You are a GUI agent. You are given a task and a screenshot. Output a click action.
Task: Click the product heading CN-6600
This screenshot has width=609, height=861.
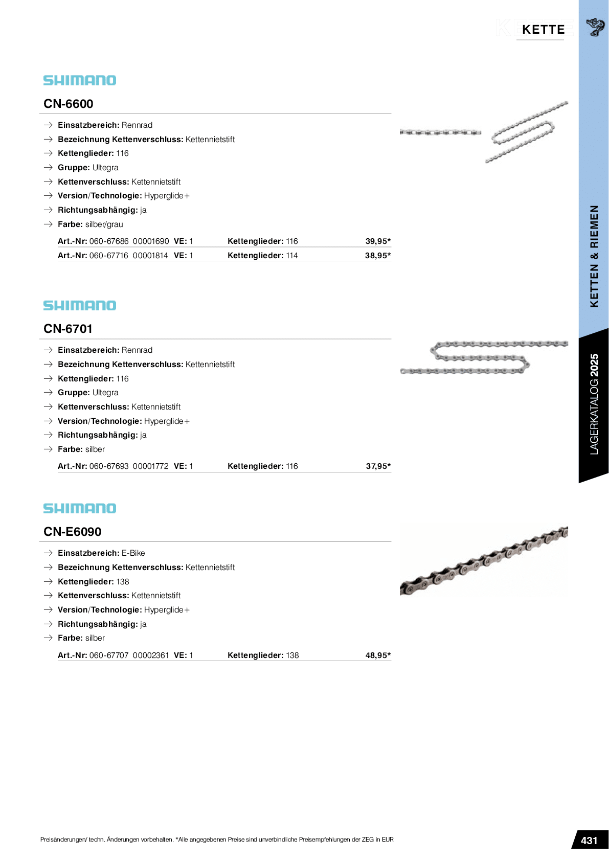pyautogui.click(x=69, y=104)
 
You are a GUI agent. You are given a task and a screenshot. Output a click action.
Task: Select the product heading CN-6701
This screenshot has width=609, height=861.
pyautogui.click(x=68, y=329)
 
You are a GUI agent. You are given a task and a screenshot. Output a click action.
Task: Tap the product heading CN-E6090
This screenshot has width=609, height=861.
pyautogui.click(x=73, y=532)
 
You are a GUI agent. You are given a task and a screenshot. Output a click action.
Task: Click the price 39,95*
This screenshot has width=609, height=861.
pyautogui.click(x=378, y=241)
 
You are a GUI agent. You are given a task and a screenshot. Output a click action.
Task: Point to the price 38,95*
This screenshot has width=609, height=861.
pyautogui.click(x=378, y=256)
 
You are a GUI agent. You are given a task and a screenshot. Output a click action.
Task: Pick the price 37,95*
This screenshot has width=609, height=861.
pyautogui.click(x=378, y=466)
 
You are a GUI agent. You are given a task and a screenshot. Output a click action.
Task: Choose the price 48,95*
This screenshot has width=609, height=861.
pyautogui.click(x=378, y=655)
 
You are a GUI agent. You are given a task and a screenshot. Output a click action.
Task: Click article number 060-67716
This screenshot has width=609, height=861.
pyautogui.click(x=109, y=256)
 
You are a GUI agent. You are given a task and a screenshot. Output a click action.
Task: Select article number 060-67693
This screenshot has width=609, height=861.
pyautogui.click(x=109, y=466)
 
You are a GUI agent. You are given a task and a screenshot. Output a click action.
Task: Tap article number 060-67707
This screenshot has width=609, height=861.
pyautogui.click(x=109, y=655)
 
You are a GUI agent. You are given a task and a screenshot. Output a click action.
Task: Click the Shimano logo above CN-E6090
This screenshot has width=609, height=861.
pyautogui.click(x=80, y=508)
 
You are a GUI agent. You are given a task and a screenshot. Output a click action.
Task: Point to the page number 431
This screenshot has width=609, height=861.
pyautogui.click(x=589, y=841)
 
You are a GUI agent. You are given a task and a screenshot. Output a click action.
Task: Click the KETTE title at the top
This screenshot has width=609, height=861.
pyautogui.click(x=543, y=30)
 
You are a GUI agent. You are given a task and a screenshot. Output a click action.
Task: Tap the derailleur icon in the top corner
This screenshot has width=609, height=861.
pyautogui.click(x=595, y=27)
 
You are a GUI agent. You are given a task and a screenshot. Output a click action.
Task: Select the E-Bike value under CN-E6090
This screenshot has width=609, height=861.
pyautogui.click(x=133, y=553)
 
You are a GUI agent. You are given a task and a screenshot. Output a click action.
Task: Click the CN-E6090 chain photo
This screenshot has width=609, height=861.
pyautogui.click(x=484, y=560)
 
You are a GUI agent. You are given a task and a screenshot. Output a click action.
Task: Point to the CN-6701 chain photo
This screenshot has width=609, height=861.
pyautogui.click(x=484, y=357)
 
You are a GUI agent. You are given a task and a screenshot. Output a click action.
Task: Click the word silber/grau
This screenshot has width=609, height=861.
pyautogui.click(x=104, y=224)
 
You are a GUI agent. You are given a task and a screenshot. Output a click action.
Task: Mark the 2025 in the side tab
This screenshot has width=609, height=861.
pyautogui.click(x=594, y=364)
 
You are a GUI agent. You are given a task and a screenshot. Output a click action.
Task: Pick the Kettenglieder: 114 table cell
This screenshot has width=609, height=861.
pyautogui.click(x=262, y=256)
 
